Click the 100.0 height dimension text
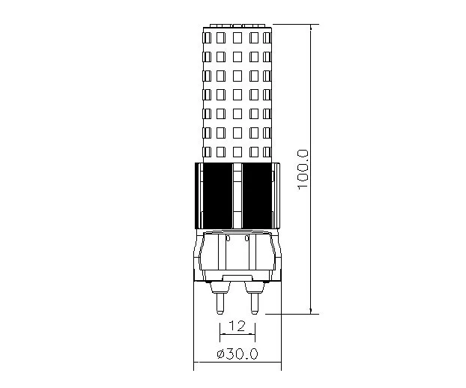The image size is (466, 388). (x=303, y=169)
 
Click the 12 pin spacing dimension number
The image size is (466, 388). (x=237, y=326)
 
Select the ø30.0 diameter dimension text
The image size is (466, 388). (x=237, y=354)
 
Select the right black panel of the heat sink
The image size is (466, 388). (x=257, y=196)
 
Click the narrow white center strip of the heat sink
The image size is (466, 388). (x=237, y=196)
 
